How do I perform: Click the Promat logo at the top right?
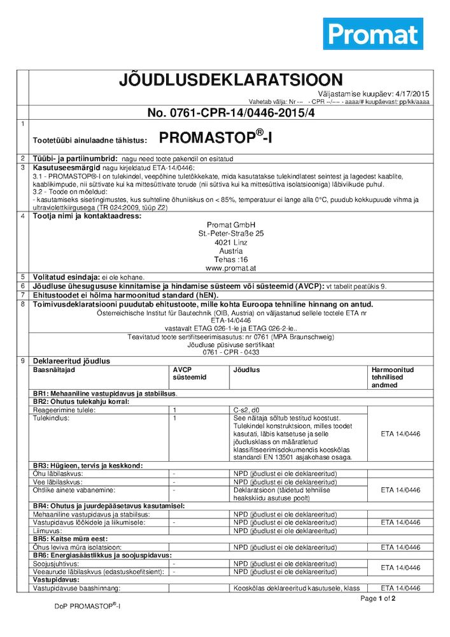pyautogui.click(x=372, y=34)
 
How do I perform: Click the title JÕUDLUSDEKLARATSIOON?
pyautogui.click(x=230, y=80)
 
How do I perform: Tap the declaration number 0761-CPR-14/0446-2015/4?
pyautogui.click(x=231, y=113)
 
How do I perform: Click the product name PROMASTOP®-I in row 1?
pyautogui.click(x=214, y=138)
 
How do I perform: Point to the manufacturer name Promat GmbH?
pyautogui.click(x=230, y=224)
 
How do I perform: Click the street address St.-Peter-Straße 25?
pyautogui.click(x=230, y=233)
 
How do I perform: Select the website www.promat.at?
pyautogui.click(x=230, y=269)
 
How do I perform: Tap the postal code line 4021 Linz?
pyautogui.click(x=230, y=242)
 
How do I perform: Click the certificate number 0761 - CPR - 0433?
pyautogui.click(x=230, y=352)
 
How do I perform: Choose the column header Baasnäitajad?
pyautogui.click(x=54, y=369)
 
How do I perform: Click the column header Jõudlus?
pyautogui.click(x=246, y=369)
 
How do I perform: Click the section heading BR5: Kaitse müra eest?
pyautogui.click(x=70, y=539)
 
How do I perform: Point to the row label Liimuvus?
pyautogui.click(x=47, y=531)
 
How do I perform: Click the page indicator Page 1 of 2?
pyautogui.click(x=377, y=599)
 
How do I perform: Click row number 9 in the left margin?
pyautogui.click(x=23, y=361)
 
